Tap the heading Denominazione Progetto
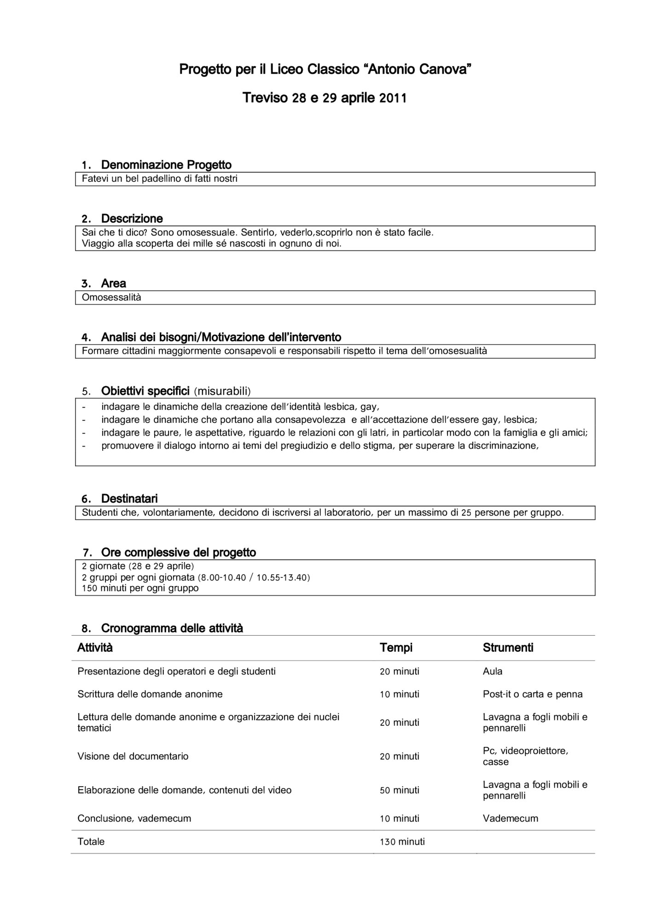166,165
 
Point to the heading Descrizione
132,218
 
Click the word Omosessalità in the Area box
111,297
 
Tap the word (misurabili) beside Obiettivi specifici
222,391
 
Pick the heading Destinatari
129,499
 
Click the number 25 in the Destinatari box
466,512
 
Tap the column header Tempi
396,648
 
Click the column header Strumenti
508,648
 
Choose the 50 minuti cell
399,790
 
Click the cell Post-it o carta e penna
532,694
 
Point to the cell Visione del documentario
133,756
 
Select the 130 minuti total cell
402,842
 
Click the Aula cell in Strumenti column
492,671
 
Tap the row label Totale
91,842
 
